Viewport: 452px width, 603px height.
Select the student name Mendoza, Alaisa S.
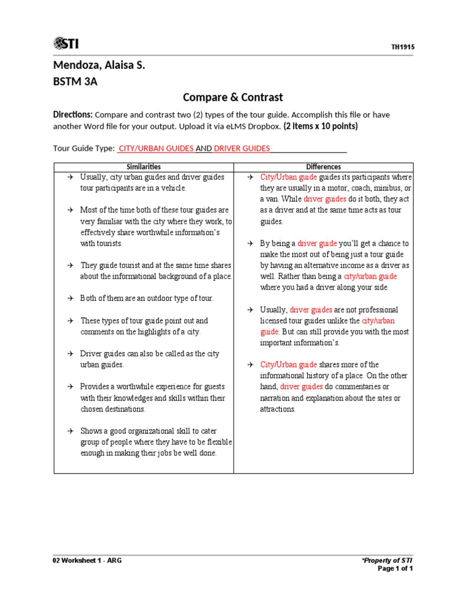[99, 65]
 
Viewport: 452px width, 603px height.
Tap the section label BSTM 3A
[75, 82]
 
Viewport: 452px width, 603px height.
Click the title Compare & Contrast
[232, 97]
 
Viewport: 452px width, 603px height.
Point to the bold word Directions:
[73, 114]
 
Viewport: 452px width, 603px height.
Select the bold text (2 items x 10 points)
[320, 127]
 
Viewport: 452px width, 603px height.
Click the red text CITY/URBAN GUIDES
[156, 148]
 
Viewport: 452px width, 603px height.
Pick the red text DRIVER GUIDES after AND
[242, 148]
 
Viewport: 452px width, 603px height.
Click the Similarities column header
[144, 167]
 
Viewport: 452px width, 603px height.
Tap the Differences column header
[323, 167]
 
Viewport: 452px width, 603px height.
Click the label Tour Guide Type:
[84, 148]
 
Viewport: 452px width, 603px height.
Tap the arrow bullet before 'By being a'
[250, 243]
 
